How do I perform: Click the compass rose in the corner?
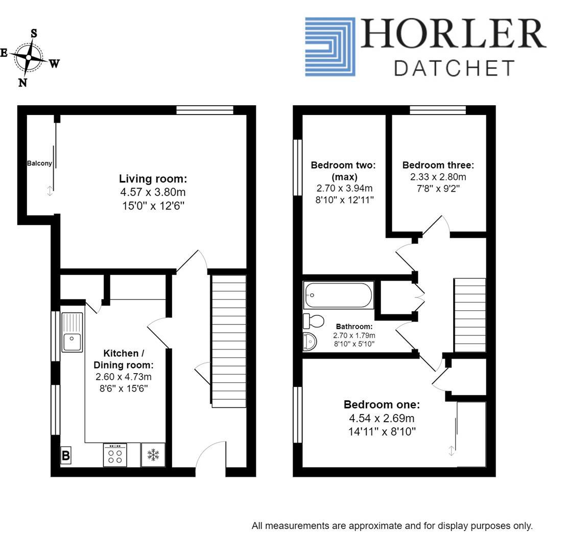(x=30, y=58)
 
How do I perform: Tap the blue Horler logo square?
(x=330, y=47)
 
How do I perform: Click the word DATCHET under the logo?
(x=454, y=68)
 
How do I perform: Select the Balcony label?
(x=39, y=164)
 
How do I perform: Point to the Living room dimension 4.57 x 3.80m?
(x=153, y=192)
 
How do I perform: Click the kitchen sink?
(x=72, y=332)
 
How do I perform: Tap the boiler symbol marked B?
(x=66, y=455)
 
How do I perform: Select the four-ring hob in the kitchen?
(x=115, y=455)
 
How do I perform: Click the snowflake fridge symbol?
(x=153, y=454)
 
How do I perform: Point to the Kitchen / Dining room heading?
(x=124, y=359)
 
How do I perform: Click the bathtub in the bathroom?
(x=339, y=295)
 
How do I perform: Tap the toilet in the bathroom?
(x=314, y=321)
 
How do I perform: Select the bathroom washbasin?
(x=310, y=342)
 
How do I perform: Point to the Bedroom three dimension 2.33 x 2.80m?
(x=438, y=177)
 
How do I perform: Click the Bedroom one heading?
(x=382, y=404)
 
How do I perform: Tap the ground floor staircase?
(x=228, y=341)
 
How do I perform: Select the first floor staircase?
(x=470, y=315)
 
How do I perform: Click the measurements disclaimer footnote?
(x=392, y=526)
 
